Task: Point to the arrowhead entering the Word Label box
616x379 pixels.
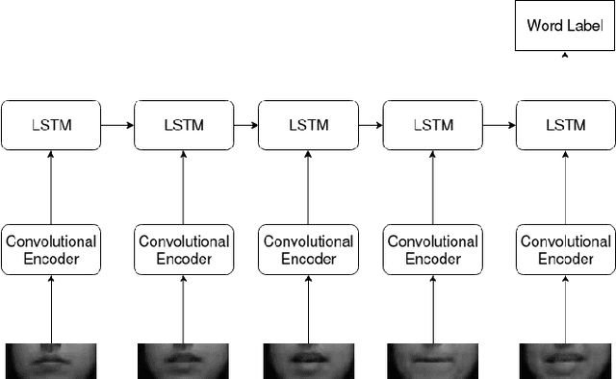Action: (565, 55)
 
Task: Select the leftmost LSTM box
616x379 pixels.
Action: (51, 125)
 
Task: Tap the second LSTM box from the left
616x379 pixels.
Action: (183, 125)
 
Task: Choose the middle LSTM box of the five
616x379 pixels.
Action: (309, 125)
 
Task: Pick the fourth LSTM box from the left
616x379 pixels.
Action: (433, 125)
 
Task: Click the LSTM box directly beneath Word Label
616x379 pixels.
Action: (565, 125)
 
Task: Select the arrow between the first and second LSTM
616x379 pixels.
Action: (116, 125)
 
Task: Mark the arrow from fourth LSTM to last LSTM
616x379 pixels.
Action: (499, 125)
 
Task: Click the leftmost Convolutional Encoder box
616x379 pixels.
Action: (51, 250)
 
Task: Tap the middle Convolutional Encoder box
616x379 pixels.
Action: (309, 250)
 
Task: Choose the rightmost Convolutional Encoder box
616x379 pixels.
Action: (565, 250)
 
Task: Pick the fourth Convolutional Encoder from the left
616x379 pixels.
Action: (433, 250)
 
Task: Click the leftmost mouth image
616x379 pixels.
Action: (51, 360)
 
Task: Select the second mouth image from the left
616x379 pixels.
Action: (183, 360)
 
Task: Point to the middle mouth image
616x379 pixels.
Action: (309, 360)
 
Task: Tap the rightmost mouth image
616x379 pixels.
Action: (565, 360)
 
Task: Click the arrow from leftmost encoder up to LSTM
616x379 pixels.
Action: (51, 188)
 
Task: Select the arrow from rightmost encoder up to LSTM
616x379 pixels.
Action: (565, 188)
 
